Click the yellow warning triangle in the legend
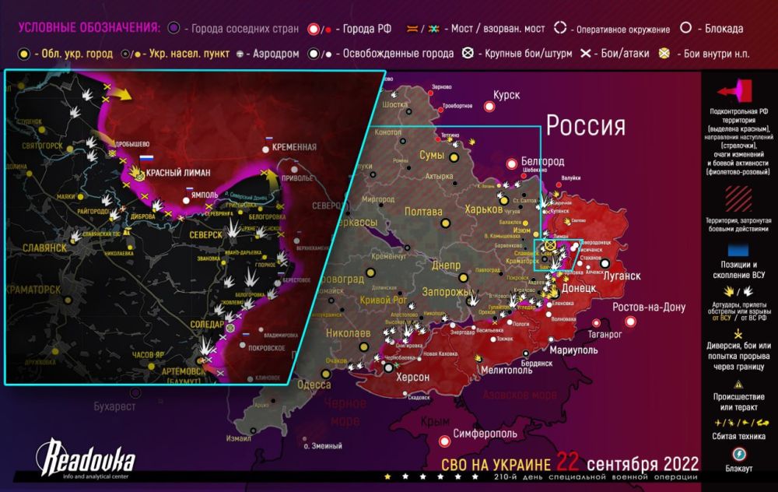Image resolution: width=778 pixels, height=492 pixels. (736, 385)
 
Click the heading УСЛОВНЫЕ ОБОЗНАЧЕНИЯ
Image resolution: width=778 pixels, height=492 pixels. (89, 28)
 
